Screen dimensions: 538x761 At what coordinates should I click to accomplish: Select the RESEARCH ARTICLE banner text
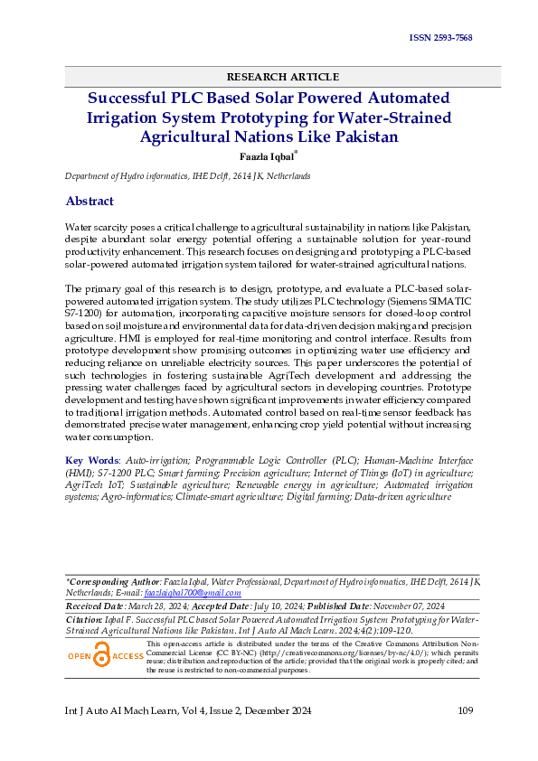[x=282, y=77]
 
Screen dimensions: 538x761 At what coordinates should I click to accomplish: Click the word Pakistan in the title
[x=360, y=137]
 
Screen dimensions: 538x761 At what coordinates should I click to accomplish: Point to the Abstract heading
[x=90, y=201]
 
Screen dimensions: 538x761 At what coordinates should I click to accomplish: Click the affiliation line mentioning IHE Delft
[x=187, y=176]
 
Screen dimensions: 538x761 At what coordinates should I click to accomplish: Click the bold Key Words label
[x=91, y=460]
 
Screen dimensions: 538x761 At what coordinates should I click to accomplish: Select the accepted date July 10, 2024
[x=273, y=606]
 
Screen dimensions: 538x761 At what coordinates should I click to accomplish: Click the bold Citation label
[x=89, y=619]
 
